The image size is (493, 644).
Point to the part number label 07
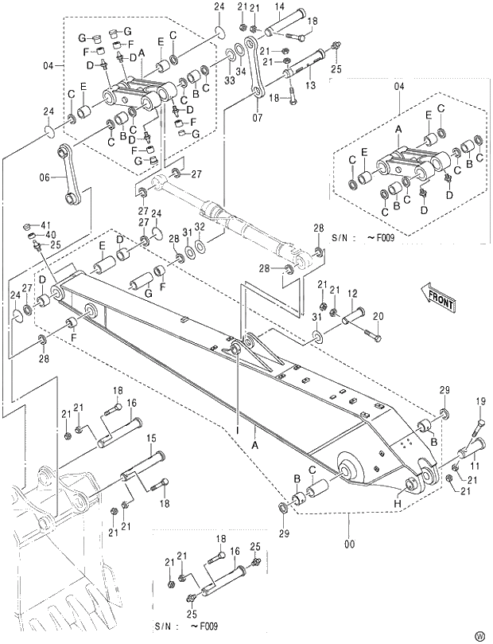click(257, 119)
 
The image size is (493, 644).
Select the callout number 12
click(352, 294)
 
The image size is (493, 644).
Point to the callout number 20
click(378, 316)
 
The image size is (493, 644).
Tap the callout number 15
click(150, 438)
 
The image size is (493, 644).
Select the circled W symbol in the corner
click(479, 634)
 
